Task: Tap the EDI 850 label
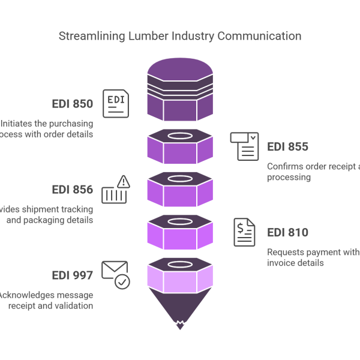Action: [72, 104]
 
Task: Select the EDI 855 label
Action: [288, 147]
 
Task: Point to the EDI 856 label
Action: [72, 190]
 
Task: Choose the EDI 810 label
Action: [287, 233]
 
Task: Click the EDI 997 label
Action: [72, 275]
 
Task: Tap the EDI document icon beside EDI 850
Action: [115, 103]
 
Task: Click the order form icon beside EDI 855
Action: [245, 146]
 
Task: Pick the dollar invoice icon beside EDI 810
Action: [244, 232]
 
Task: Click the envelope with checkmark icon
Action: [115, 275]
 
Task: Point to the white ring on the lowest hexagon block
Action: [179, 264]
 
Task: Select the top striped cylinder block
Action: [179, 90]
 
